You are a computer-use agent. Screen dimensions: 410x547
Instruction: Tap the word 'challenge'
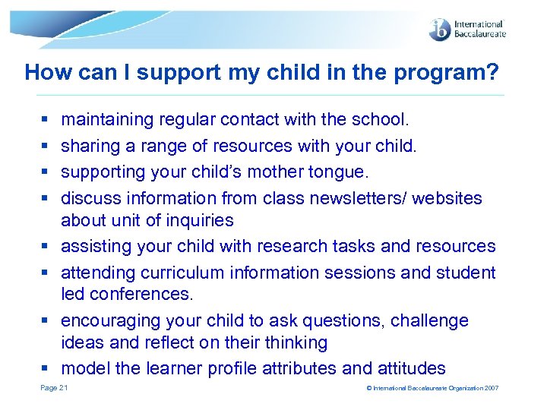point(430,321)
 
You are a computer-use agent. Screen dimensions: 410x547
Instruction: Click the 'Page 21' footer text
point(54,388)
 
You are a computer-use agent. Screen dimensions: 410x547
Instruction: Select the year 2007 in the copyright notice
point(492,389)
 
